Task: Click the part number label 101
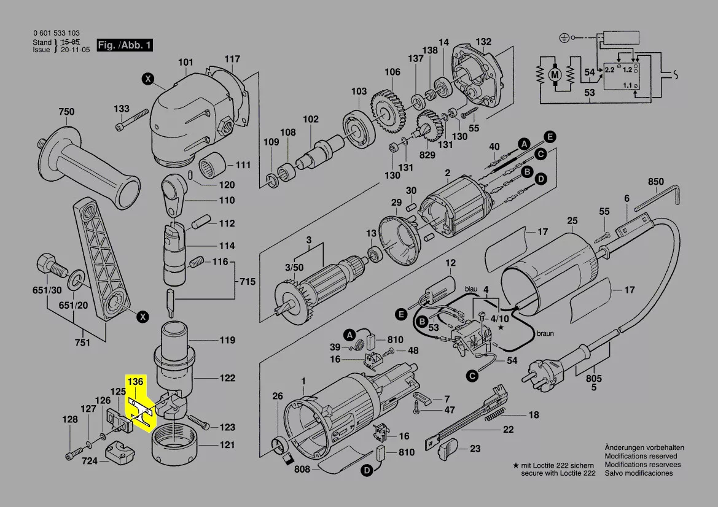(185, 63)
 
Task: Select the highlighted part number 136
(135, 382)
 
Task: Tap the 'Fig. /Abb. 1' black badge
(125, 46)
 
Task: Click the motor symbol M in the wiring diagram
(555, 74)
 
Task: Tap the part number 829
(427, 156)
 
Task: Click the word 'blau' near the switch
(471, 288)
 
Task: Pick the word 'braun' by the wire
(545, 334)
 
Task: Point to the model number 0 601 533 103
(56, 33)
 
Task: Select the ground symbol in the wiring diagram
(563, 38)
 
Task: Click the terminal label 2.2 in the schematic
(609, 71)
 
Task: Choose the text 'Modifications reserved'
(641, 456)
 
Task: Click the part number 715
(247, 282)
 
